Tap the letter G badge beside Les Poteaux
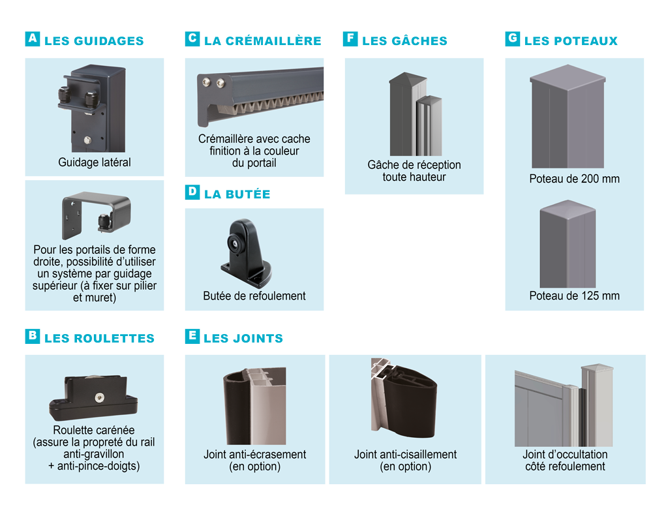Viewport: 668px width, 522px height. coord(513,39)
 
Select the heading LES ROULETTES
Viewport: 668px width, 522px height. coord(99,338)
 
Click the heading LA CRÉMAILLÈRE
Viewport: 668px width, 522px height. coord(262,40)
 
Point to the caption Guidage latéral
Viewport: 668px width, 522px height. coord(95,162)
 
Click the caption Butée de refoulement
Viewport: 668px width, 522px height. coord(254,296)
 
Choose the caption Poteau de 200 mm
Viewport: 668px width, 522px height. coord(575,179)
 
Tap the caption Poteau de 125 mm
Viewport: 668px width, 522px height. coord(575,296)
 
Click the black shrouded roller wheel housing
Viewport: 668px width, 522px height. coord(95,398)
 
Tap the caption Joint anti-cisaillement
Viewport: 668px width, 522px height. coord(405,454)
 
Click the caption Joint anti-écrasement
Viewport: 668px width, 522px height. coord(254,454)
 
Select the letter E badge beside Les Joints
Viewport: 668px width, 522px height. coord(192,336)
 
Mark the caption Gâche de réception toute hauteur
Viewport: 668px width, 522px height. coord(414,171)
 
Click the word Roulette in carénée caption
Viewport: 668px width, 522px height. coord(73,430)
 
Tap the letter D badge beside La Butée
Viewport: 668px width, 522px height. coord(192,192)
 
